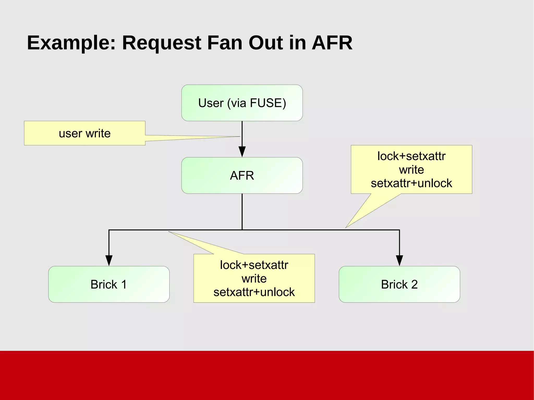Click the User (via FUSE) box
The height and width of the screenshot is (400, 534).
[x=242, y=103]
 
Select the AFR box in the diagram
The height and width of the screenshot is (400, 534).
[x=242, y=175]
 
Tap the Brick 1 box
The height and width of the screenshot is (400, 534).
[x=109, y=284]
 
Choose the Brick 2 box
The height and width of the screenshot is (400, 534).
[x=399, y=284]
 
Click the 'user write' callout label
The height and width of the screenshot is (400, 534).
[x=85, y=133]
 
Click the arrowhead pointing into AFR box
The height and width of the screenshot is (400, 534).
[x=242, y=152]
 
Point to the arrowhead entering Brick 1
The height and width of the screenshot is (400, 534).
[x=109, y=260]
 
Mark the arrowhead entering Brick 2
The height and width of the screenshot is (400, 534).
[x=399, y=260]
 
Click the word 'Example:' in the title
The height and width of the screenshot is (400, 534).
[x=71, y=43]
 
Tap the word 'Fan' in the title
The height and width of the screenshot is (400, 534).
[x=224, y=43]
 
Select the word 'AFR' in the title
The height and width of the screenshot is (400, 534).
[x=332, y=43]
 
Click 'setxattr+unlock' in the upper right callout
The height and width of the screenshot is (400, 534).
[x=411, y=183]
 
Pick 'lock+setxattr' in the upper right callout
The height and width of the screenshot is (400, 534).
[x=411, y=156]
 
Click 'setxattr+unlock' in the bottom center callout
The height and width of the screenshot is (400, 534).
[x=254, y=292]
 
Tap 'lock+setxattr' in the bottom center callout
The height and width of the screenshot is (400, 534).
[x=254, y=265]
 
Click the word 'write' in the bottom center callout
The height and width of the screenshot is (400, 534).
[x=254, y=279]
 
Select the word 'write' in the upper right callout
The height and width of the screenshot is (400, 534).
[x=411, y=170]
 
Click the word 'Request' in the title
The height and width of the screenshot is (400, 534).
[x=161, y=43]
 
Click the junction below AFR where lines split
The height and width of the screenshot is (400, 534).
[x=242, y=230]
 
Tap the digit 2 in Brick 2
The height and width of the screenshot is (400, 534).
[x=414, y=284]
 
